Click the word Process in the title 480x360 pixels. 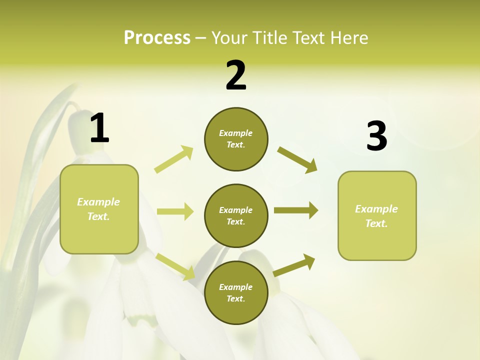pyautogui.click(x=157, y=38)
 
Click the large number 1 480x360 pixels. pyautogui.click(x=99, y=128)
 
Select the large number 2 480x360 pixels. pyautogui.click(x=236, y=75)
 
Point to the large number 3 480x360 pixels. pyautogui.click(x=376, y=136)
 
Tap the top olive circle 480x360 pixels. pyautogui.click(x=236, y=139)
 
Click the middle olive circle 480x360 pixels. pyautogui.click(x=236, y=215)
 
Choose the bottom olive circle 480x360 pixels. pyautogui.click(x=236, y=292)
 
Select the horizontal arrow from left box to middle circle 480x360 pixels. pyautogui.click(x=175, y=211)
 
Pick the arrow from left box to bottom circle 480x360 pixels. pyautogui.click(x=175, y=266)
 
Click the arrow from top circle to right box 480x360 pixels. pyautogui.click(x=297, y=159)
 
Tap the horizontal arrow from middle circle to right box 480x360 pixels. pyautogui.click(x=296, y=210)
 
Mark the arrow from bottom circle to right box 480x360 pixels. pyautogui.click(x=294, y=265)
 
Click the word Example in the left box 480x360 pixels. pyautogui.click(x=98, y=202)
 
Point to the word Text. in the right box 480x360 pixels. pyautogui.click(x=376, y=223)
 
